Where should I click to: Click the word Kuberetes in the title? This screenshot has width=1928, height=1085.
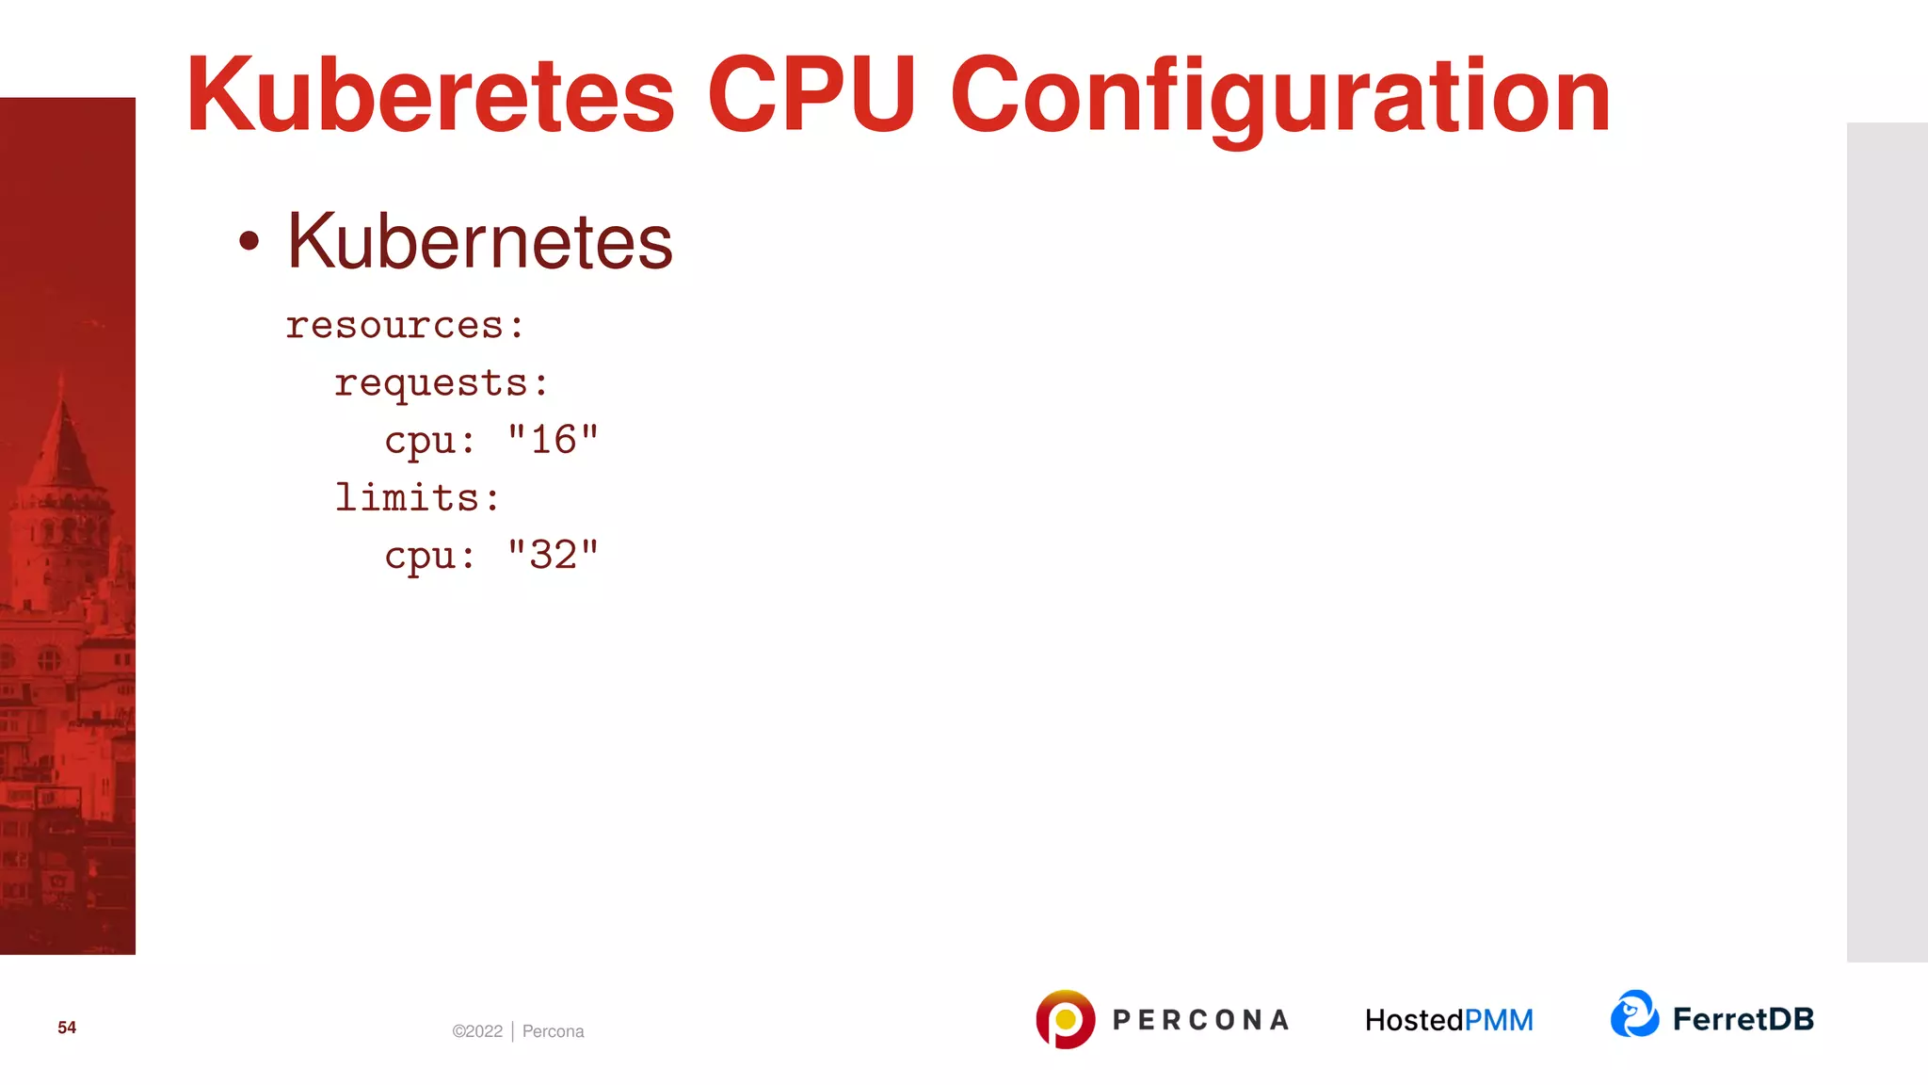(x=430, y=95)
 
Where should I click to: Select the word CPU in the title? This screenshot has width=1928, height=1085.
(x=811, y=95)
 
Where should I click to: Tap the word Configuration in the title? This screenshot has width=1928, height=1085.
(x=1280, y=95)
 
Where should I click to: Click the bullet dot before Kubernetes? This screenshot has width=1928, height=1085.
(x=249, y=241)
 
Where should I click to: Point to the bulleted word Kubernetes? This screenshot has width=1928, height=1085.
(x=480, y=241)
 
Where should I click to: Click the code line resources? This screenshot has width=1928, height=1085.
(x=405, y=326)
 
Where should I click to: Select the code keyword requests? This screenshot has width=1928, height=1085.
(x=441, y=383)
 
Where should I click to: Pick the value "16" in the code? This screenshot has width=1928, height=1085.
(x=553, y=440)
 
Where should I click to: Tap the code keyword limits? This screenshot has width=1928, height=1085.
(x=417, y=497)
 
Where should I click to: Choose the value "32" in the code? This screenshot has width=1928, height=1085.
(x=553, y=555)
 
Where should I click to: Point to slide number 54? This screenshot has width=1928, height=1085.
(x=67, y=1028)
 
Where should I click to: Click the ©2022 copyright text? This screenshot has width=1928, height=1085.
(x=477, y=1031)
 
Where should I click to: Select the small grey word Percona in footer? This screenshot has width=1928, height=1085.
(x=553, y=1031)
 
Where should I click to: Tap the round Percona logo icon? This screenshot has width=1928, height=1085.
(x=1065, y=1019)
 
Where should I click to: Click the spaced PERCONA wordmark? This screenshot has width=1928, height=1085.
(x=1200, y=1020)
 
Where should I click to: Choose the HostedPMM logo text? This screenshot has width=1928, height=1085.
(x=1449, y=1020)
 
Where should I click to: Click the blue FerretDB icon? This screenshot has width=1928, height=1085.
(x=1634, y=1014)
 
